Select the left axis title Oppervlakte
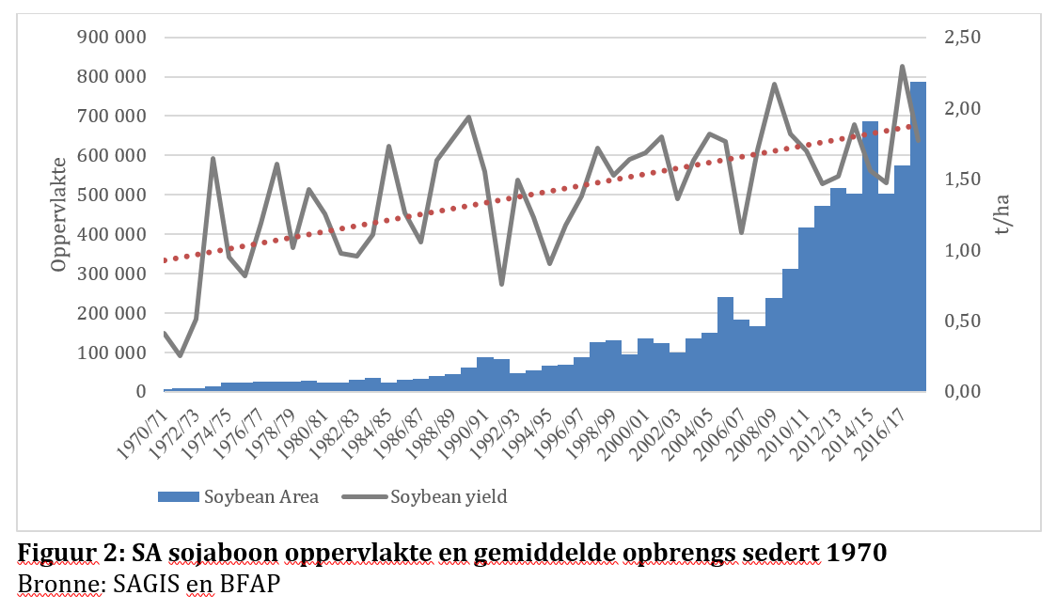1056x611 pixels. pyautogui.click(x=60, y=215)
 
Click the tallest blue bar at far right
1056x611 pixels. pyautogui.click(x=918, y=235)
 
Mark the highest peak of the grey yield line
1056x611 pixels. pyautogui.click(x=902, y=67)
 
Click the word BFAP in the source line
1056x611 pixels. pyautogui.click(x=245, y=583)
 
